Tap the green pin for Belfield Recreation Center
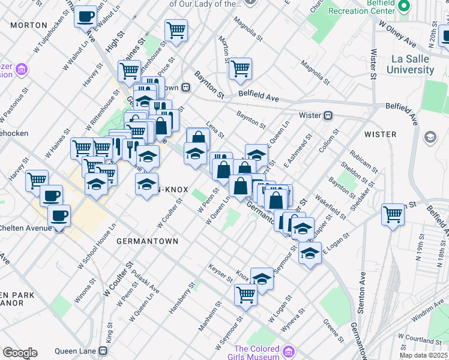(x=405, y=7)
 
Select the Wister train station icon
(x=328, y=115)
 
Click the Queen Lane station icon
(x=107, y=350)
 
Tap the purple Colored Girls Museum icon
(x=289, y=350)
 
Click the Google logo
(x=20, y=353)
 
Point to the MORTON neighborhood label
(x=29, y=25)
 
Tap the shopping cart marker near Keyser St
(x=246, y=294)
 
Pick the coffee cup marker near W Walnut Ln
(x=86, y=16)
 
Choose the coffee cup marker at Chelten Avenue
(x=59, y=216)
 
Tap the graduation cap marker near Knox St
(x=262, y=278)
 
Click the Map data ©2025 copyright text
(x=424, y=355)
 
